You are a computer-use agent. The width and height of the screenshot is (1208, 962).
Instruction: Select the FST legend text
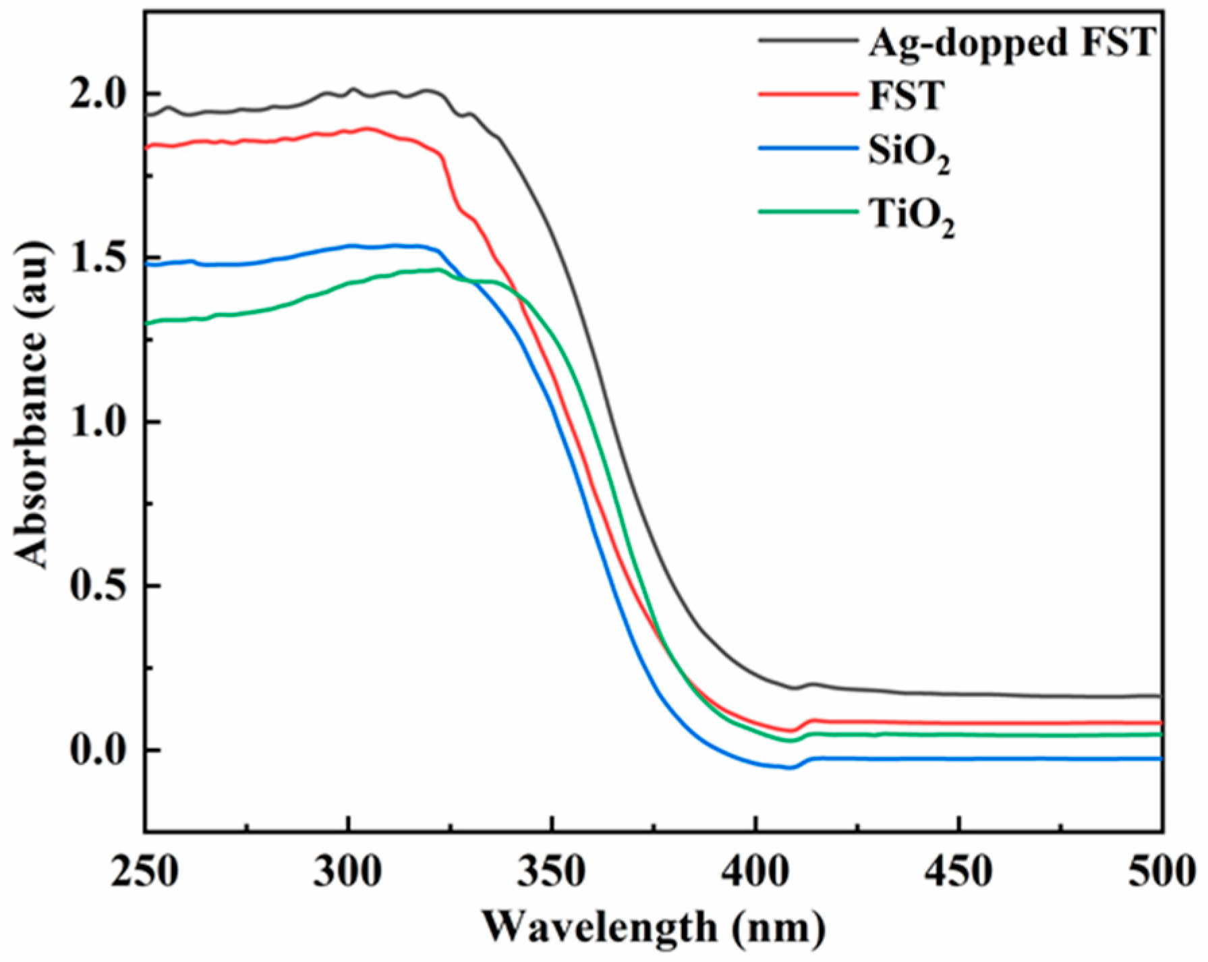pyautogui.click(x=906, y=96)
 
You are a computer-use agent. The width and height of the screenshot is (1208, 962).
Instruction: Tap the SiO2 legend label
pyautogui.click(x=909, y=154)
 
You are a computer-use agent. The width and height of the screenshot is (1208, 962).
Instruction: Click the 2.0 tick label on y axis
pyautogui.click(x=99, y=94)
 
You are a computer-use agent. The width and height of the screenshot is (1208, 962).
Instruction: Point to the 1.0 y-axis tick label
pyautogui.click(x=99, y=422)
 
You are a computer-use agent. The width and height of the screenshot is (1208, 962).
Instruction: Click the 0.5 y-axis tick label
pyautogui.click(x=99, y=586)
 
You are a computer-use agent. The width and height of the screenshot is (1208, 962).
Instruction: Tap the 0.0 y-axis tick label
pyautogui.click(x=99, y=750)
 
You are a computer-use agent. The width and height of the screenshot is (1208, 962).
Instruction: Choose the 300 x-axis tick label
pyautogui.click(x=348, y=872)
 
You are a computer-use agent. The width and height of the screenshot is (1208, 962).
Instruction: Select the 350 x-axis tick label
pyautogui.click(x=552, y=872)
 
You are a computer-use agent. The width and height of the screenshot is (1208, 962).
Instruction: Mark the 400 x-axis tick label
pyautogui.click(x=755, y=872)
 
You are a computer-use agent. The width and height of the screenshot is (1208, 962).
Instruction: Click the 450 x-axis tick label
pyautogui.click(x=959, y=872)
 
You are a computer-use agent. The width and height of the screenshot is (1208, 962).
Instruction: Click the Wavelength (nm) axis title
pyautogui.click(x=653, y=929)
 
